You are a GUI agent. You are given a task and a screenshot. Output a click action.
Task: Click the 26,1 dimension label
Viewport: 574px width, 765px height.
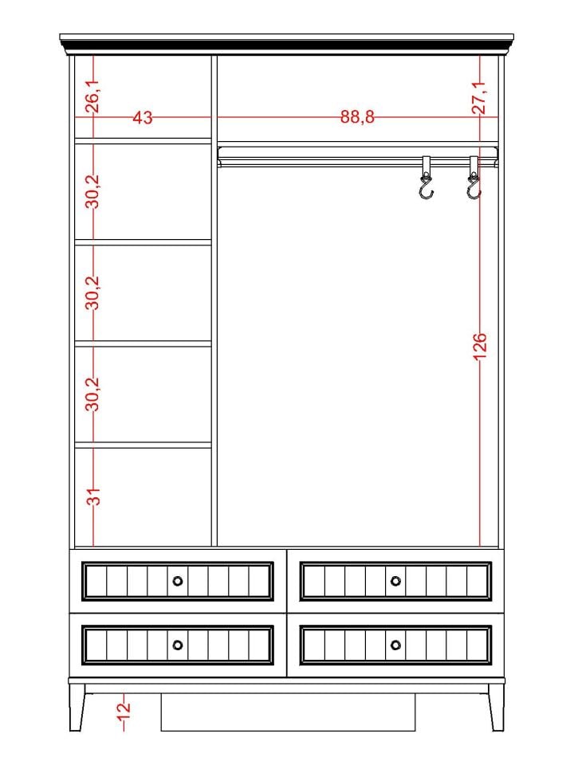93,96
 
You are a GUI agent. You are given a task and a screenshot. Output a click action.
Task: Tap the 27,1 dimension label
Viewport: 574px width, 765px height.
479,96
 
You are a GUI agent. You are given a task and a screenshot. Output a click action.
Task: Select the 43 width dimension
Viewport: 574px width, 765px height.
143,118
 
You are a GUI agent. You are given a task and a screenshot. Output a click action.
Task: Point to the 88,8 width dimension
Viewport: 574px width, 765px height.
357,118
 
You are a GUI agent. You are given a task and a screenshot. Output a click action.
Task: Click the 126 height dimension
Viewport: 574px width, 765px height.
479,347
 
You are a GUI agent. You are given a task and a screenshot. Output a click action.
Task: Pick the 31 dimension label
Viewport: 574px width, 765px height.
93,497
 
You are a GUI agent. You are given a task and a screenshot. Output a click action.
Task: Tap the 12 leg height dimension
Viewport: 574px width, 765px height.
124,707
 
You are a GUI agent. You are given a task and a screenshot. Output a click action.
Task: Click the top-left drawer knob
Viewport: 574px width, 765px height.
178,581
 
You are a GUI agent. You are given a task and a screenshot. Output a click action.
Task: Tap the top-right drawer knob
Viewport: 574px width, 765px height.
396,581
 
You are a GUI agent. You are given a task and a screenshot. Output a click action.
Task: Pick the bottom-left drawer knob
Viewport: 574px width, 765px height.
178,644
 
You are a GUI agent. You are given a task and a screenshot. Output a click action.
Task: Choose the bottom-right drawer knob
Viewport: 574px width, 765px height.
396,644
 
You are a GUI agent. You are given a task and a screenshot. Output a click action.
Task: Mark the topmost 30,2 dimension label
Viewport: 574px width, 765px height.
93,191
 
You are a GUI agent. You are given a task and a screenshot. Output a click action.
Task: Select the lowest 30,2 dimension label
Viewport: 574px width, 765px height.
93,394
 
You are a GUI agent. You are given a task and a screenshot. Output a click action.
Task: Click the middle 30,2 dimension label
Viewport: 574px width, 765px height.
93,292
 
